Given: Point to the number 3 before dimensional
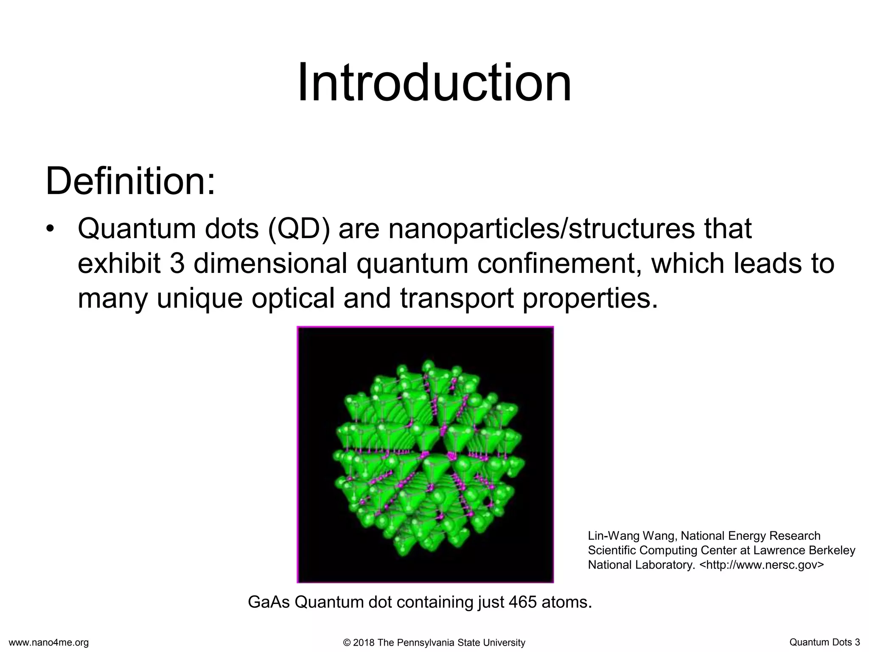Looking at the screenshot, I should coord(177,264).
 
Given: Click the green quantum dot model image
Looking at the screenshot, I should coord(425,455).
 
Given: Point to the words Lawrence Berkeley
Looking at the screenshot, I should coord(804,550).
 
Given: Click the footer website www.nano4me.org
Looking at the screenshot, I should coord(49,643).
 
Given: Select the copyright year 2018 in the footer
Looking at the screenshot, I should coord(364,643).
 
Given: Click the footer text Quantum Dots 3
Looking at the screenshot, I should coord(824,642).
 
